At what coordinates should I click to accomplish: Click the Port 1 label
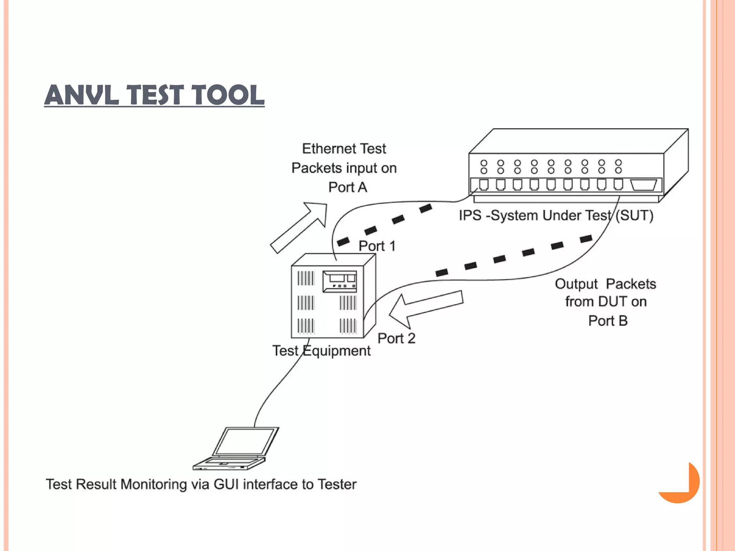tap(377, 246)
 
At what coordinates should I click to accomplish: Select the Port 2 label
tap(396, 338)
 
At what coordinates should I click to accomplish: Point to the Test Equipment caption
tap(321, 350)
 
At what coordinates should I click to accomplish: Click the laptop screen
tap(245, 442)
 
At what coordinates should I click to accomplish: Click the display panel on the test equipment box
tap(340, 281)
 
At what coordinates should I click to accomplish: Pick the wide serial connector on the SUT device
tap(643, 185)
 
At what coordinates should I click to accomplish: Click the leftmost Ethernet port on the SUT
tap(484, 184)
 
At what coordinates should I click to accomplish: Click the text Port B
tap(608, 321)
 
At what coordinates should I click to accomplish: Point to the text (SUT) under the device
tap(634, 216)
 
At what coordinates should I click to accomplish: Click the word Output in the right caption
tap(576, 284)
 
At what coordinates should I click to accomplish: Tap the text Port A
tap(347, 187)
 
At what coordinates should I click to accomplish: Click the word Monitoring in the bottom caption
tap(154, 484)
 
